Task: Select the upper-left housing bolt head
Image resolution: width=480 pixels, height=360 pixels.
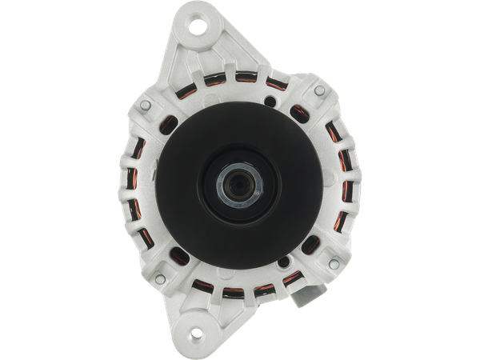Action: point(143,104)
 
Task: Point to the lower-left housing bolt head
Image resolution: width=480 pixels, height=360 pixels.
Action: point(160,278)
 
